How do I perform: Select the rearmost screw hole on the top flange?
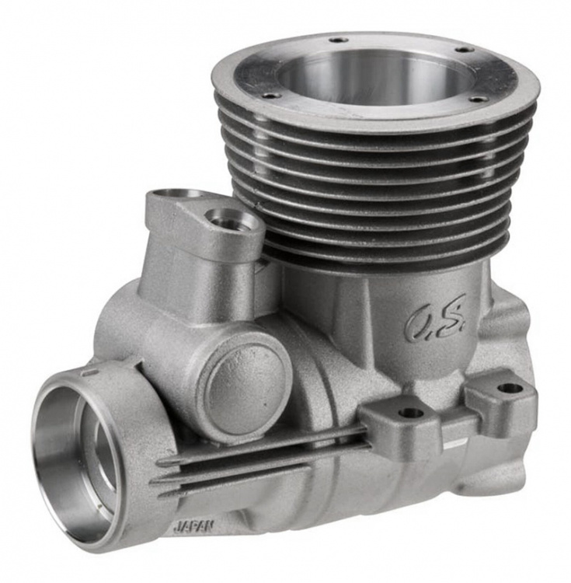(x=336, y=39)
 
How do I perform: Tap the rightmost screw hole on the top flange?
(x=477, y=99)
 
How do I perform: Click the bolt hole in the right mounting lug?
(x=510, y=389)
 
